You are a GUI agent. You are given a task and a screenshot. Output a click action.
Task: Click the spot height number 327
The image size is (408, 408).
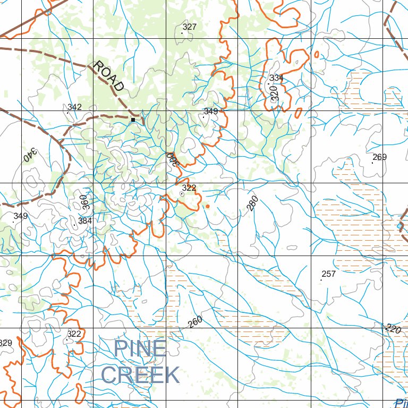pos(189,27)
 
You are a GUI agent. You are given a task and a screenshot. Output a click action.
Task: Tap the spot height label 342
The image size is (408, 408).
pos(74,107)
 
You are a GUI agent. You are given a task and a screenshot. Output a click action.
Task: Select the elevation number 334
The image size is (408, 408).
pos(276,78)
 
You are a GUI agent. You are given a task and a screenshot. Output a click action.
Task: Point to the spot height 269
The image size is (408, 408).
pos(379,157)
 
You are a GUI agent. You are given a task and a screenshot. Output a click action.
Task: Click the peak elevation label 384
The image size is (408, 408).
pos(85,220)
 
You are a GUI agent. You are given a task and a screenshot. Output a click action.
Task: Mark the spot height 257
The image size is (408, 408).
pos(329,274)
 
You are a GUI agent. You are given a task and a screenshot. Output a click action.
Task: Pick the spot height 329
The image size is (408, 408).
pos(5,343)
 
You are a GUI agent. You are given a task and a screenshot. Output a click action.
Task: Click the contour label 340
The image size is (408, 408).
pos(30,155)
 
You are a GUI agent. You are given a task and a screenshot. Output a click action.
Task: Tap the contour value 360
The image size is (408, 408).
pos(83,202)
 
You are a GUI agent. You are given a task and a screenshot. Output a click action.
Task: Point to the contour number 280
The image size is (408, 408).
pos(252,203)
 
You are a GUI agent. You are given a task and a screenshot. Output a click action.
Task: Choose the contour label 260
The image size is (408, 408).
pos(195,322)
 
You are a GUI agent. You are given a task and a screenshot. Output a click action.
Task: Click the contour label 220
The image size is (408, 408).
pos(393,329)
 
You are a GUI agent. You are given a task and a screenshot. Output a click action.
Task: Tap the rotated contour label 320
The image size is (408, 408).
pos(274,93)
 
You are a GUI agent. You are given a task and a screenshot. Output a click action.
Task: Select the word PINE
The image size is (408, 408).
pos(140,349)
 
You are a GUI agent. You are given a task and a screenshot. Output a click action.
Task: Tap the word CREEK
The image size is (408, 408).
pos(140,375)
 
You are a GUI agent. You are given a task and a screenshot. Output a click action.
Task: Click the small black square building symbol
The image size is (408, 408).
pos(133,120)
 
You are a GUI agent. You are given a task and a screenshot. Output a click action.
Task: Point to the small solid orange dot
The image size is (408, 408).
pos(208,206)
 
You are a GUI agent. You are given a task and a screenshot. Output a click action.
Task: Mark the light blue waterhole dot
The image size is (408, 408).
pos(399,226)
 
